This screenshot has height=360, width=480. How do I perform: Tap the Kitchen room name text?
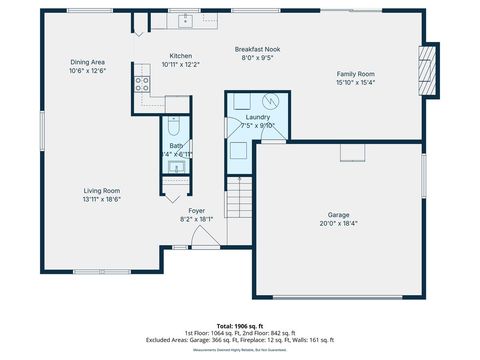(x=181, y=56)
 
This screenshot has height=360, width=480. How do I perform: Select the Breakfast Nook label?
(x=256, y=49)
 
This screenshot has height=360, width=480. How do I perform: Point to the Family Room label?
(x=355, y=74)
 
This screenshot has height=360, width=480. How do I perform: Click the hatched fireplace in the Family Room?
(x=429, y=71)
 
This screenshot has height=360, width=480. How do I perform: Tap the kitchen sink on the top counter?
(x=185, y=20)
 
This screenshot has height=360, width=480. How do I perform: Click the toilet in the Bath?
(x=174, y=127)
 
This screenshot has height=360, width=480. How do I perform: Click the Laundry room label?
(x=257, y=117)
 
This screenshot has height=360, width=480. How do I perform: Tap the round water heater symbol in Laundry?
(x=270, y=101)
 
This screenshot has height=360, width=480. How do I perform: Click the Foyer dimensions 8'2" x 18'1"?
(x=197, y=219)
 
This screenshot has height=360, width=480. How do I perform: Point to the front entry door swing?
(x=205, y=238)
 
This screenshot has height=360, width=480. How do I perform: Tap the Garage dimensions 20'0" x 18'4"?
(x=340, y=223)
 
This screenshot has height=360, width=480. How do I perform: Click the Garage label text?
(x=340, y=214)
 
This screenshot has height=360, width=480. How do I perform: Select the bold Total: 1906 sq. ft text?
(x=240, y=326)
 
